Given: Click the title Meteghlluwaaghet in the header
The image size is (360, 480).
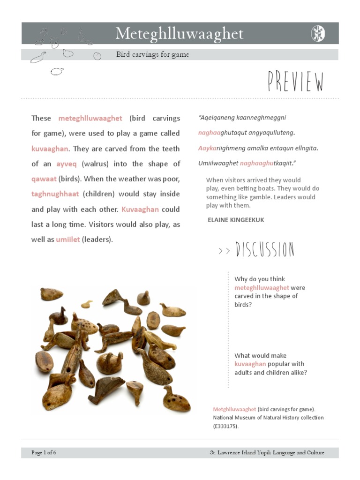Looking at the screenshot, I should (180, 34).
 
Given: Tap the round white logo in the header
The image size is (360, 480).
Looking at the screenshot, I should (318, 34).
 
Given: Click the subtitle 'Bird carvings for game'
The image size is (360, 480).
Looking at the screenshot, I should (152, 54).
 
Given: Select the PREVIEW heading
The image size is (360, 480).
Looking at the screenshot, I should (296, 82).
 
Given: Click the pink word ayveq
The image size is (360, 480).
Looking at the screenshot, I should (66, 164).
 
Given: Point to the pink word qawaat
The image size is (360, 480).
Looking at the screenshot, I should (44, 179).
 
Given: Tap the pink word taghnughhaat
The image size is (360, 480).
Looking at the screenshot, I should (55, 194).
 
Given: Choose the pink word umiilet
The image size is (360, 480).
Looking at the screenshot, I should (67, 240).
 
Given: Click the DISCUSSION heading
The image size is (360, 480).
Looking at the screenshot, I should (265, 250).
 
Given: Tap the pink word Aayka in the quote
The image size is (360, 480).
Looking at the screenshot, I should (207, 148).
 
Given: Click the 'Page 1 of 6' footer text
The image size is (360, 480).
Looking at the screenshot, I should (44, 452).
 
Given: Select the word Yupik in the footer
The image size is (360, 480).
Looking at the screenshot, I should (261, 452).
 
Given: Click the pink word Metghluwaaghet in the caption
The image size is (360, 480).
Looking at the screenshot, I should (234, 409).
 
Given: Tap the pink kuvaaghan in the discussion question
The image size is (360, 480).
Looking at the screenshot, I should (250, 364).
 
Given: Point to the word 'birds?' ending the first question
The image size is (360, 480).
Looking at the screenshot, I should (243, 304).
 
